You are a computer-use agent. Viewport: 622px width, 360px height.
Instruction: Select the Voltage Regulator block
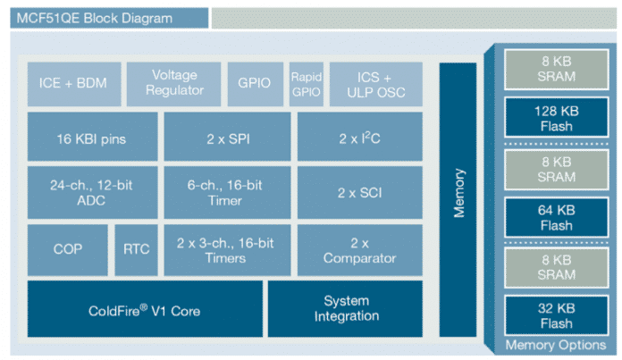(174, 83)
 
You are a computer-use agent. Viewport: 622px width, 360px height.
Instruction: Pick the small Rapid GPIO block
(306, 83)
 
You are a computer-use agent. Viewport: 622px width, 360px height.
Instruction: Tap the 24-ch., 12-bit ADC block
(93, 191)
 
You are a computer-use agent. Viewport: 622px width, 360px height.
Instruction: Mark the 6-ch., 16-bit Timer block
(228, 191)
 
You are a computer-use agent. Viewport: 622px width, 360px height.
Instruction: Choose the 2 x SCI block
(360, 191)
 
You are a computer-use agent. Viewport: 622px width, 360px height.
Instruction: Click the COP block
(67, 249)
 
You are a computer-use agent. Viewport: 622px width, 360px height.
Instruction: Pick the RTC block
(136, 249)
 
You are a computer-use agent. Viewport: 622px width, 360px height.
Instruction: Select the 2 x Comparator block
(360, 249)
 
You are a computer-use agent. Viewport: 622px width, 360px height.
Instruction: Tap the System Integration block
(346, 309)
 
